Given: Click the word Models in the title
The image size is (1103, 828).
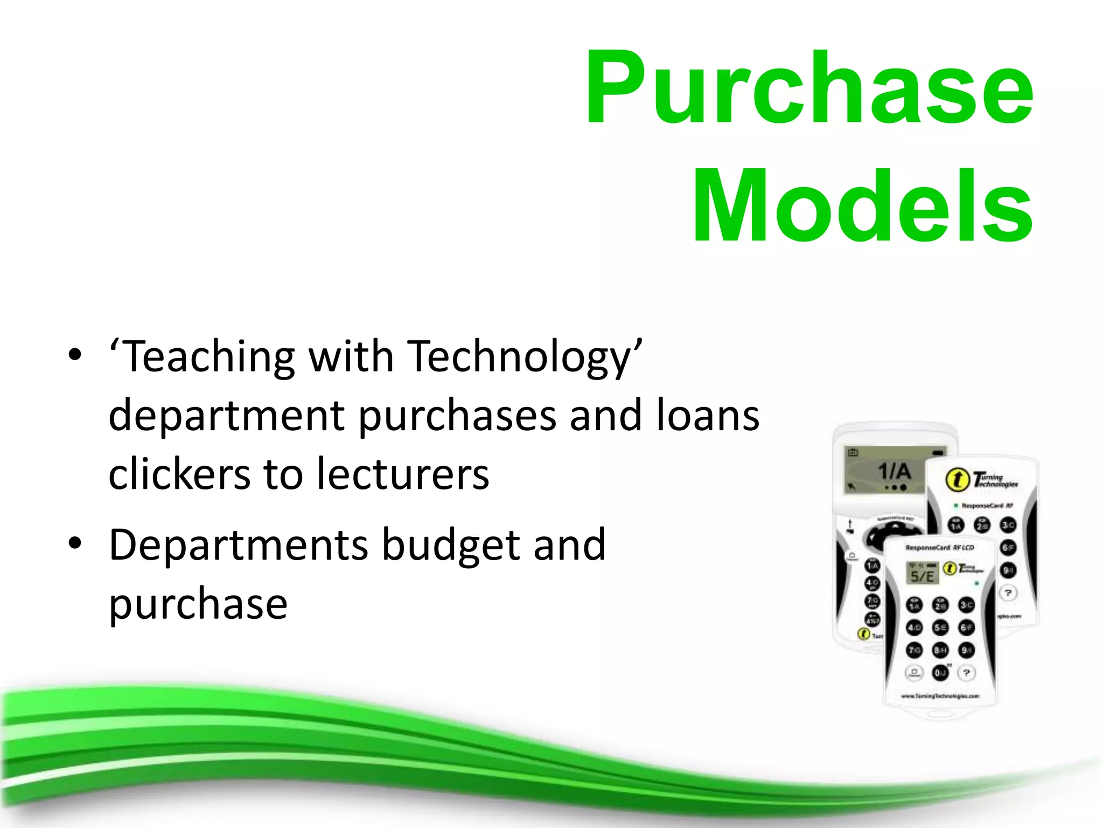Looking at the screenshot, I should pyautogui.click(x=862, y=206).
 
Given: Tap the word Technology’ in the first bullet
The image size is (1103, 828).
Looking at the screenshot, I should pyautogui.click(x=525, y=358).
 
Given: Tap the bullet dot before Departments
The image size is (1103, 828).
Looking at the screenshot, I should pyautogui.click(x=75, y=543).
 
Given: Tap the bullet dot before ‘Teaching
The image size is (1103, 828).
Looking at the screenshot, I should pyautogui.click(x=75, y=355).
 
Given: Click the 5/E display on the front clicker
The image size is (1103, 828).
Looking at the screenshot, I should pyautogui.click(x=922, y=574).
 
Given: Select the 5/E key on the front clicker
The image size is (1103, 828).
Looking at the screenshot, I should pyautogui.click(x=940, y=627).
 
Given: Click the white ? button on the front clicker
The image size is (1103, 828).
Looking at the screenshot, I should pyautogui.click(x=967, y=672).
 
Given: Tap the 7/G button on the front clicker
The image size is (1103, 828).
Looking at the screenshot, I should pyautogui.click(x=914, y=650).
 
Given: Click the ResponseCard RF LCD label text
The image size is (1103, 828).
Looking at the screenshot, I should pyautogui.click(x=939, y=548).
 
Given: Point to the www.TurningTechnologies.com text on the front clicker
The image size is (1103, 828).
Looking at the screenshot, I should pyautogui.click(x=940, y=696).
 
